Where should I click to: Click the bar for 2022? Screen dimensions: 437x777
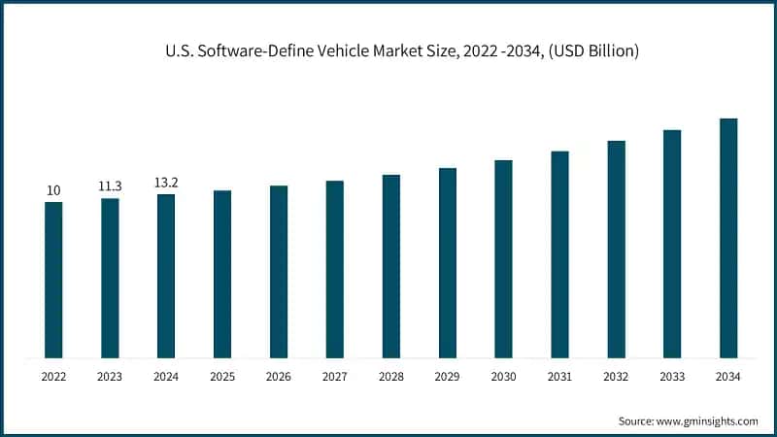click(53, 280)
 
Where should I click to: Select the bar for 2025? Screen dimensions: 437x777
click(222, 274)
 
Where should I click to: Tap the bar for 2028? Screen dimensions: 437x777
click(391, 266)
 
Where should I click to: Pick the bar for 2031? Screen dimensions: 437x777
click(559, 254)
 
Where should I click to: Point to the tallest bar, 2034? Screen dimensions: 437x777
click(728, 238)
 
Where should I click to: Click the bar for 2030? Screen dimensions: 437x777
click(503, 258)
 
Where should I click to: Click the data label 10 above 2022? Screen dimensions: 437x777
click(53, 190)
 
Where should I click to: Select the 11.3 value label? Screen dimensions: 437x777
click(110, 186)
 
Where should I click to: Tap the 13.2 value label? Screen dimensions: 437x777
click(166, 183)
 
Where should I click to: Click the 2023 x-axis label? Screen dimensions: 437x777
click(110, 376)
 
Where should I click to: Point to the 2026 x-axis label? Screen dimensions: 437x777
click(279, 376)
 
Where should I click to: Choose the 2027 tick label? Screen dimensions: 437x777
click(335, 376)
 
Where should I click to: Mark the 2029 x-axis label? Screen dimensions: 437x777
click(447, 376)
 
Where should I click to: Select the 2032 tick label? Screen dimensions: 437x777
click(616, 376)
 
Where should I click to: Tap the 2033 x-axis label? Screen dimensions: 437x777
click(672, 376)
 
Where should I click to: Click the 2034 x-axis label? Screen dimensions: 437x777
click(728, 376)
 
